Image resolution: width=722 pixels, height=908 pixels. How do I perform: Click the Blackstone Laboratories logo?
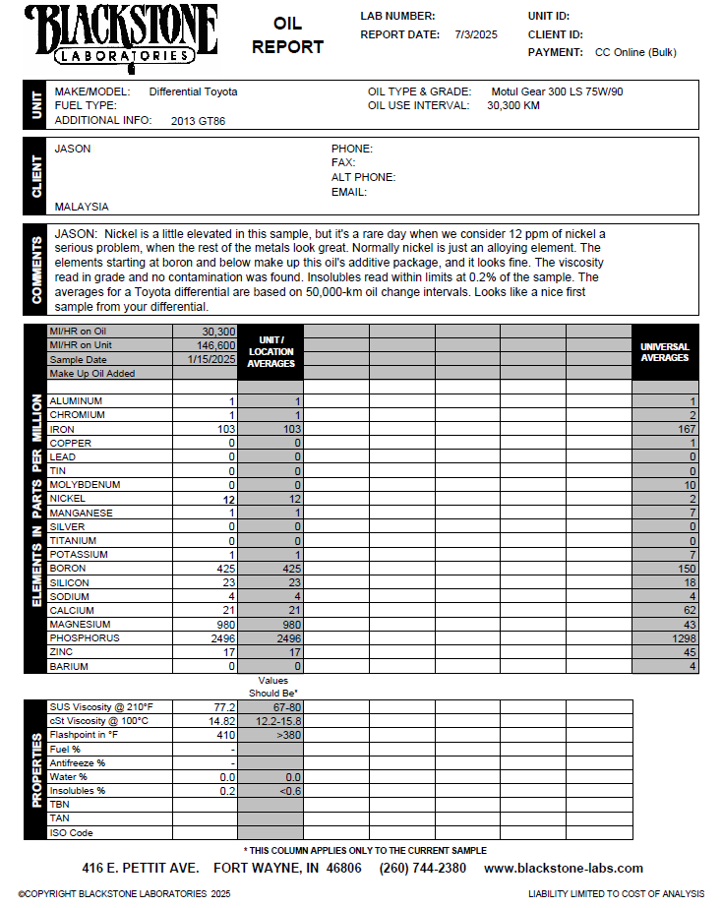click(121, 36)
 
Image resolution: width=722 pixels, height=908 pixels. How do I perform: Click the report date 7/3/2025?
click(476, 34)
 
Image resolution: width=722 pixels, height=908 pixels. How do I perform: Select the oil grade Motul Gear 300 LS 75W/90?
click(557, 91)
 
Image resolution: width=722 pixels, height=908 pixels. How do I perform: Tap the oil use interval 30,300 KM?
click(513, 105)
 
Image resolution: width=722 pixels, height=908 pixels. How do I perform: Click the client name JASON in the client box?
click(73, 149)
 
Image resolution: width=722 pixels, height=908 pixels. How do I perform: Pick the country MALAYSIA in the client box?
click(82, 207)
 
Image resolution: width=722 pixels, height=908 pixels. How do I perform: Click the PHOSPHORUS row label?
click(84, 638)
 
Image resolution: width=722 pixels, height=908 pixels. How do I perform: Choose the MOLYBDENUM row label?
click(84, 485)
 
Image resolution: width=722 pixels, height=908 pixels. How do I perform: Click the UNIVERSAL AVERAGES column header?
click(665, 352)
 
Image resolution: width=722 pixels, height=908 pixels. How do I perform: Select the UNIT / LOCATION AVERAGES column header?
click(271, 351)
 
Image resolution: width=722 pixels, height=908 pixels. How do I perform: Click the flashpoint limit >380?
click(290, 735)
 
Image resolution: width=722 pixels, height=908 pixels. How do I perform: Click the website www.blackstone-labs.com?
click(564, 869)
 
